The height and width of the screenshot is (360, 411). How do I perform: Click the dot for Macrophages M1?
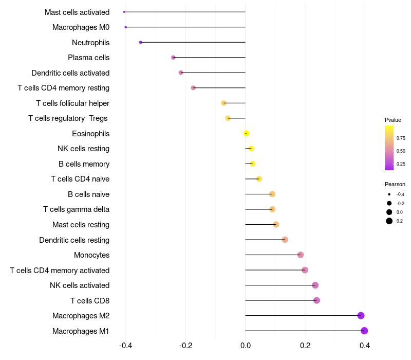364,331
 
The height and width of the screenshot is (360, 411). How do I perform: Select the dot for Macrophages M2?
361,316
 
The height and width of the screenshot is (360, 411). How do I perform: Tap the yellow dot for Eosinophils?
246,134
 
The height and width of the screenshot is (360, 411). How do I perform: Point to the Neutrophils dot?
140,42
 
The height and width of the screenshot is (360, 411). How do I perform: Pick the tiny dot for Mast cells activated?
124,12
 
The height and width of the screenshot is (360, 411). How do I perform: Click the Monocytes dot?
301,255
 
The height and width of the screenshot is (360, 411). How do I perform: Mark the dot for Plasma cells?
173,58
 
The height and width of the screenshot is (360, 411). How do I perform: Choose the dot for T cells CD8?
316,300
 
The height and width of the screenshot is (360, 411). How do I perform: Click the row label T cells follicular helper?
72,103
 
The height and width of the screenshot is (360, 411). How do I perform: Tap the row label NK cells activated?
80,285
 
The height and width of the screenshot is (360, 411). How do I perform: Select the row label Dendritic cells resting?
74,240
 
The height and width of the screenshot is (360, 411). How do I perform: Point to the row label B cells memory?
84,164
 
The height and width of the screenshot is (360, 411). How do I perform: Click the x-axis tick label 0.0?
246,346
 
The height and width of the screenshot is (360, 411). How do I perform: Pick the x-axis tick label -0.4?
125,346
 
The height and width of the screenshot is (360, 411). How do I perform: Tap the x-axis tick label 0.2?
305,346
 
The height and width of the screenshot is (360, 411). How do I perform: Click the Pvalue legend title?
393,120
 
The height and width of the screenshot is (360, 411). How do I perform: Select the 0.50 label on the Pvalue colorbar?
401,151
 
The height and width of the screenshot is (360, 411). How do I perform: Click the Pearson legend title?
395,185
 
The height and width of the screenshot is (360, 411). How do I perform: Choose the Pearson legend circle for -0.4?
389,194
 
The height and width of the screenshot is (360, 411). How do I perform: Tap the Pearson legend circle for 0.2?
389,221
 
